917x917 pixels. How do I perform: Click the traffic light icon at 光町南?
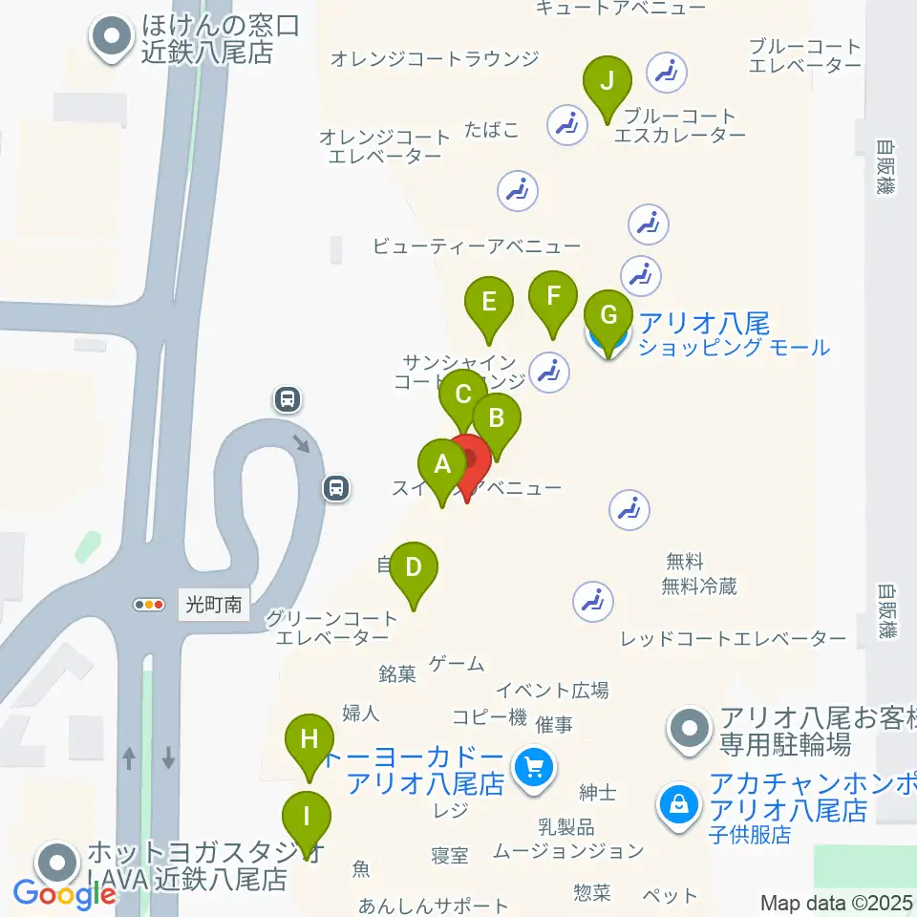[x=149, y=605]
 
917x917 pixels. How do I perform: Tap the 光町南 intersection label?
[x=214, y=605]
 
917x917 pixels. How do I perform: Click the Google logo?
[x=64, y=895]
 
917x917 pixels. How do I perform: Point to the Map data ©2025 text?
[x=837, y=903]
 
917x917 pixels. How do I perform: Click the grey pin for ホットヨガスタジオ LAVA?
[x=59, y=864]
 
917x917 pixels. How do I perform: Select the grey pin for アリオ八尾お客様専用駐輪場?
[x=691, y=731]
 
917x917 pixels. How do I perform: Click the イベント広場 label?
[x=552, y=690]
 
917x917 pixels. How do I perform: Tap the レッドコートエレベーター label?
[x=733, y=638]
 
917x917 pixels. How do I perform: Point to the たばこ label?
[x=492, y=129]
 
